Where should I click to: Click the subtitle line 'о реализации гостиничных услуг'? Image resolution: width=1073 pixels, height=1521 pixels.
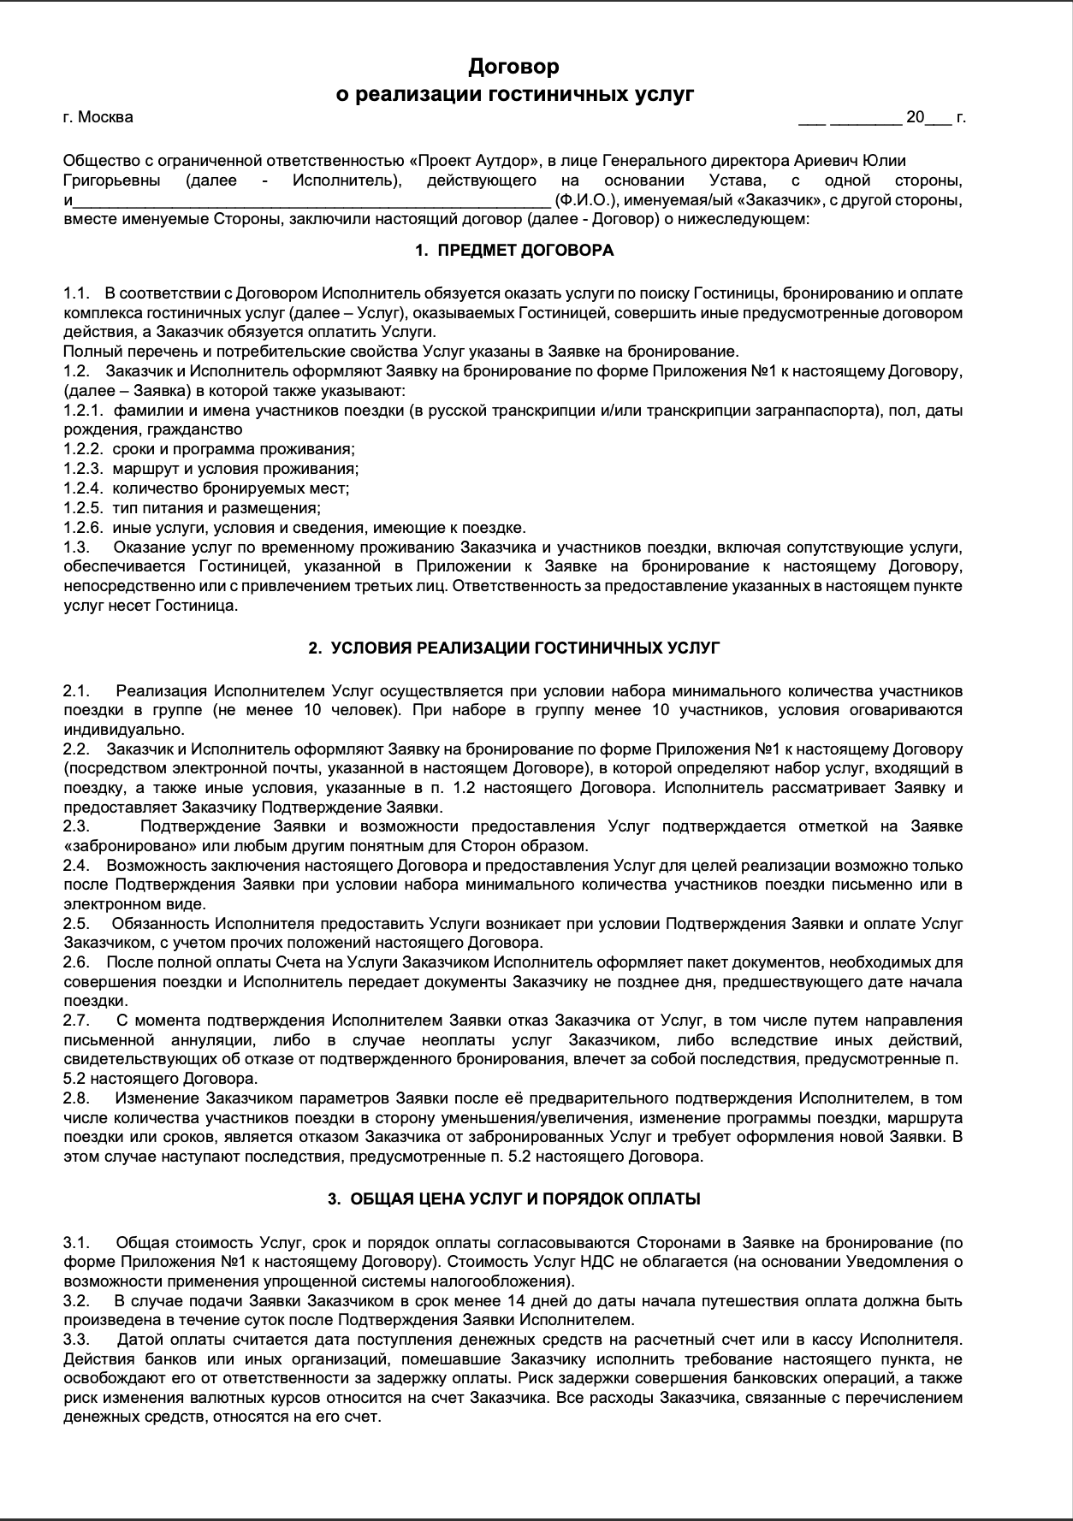coord(514,94)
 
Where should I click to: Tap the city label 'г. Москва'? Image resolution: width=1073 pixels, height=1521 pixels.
coord(98,117)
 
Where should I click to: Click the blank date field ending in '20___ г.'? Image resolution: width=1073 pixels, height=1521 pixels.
coord(881,117)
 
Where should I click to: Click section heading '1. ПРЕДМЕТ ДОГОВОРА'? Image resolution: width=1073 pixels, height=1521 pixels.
coord(514,251)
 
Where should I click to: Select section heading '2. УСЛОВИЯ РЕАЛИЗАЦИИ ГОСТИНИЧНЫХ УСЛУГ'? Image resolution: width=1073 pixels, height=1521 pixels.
coord(514,648)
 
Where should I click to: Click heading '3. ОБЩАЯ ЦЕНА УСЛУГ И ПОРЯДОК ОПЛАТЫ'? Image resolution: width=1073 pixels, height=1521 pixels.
coord(514,1198)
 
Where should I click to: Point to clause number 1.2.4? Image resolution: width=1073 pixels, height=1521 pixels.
coord(83,488)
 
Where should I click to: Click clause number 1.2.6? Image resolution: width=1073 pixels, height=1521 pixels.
coord(83,527)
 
